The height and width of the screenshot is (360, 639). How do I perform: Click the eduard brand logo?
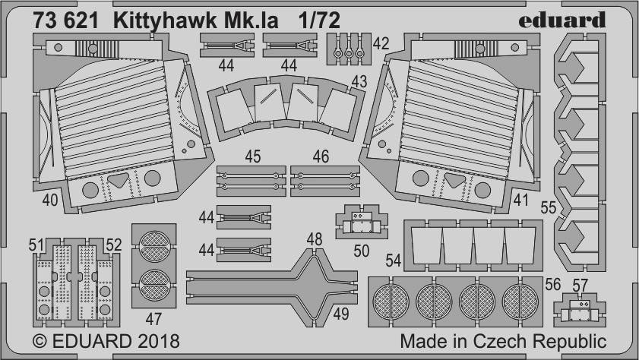(562, 20)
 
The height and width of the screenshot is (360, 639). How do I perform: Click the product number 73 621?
(65, 21)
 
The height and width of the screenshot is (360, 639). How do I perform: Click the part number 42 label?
(381, 43)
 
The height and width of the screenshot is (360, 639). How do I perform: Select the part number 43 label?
(359, 81)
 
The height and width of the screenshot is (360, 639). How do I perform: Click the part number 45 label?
(253, 156)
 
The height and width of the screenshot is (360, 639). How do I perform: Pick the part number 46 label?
(321, 156)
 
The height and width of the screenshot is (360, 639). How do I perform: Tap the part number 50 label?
(362, 251)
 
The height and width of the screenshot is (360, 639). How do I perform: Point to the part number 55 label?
(548, 207)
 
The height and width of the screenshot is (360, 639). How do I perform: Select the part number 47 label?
(153, 319)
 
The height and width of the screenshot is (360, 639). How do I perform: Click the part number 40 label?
(50, 200)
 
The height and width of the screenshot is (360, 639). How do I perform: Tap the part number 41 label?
(520, 200)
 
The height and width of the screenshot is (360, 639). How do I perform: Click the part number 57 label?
(580, 286)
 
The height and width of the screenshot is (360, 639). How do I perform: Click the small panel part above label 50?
(362, 222)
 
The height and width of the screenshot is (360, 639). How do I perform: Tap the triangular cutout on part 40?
(119, 179)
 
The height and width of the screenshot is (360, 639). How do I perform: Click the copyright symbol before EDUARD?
(40, 341)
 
